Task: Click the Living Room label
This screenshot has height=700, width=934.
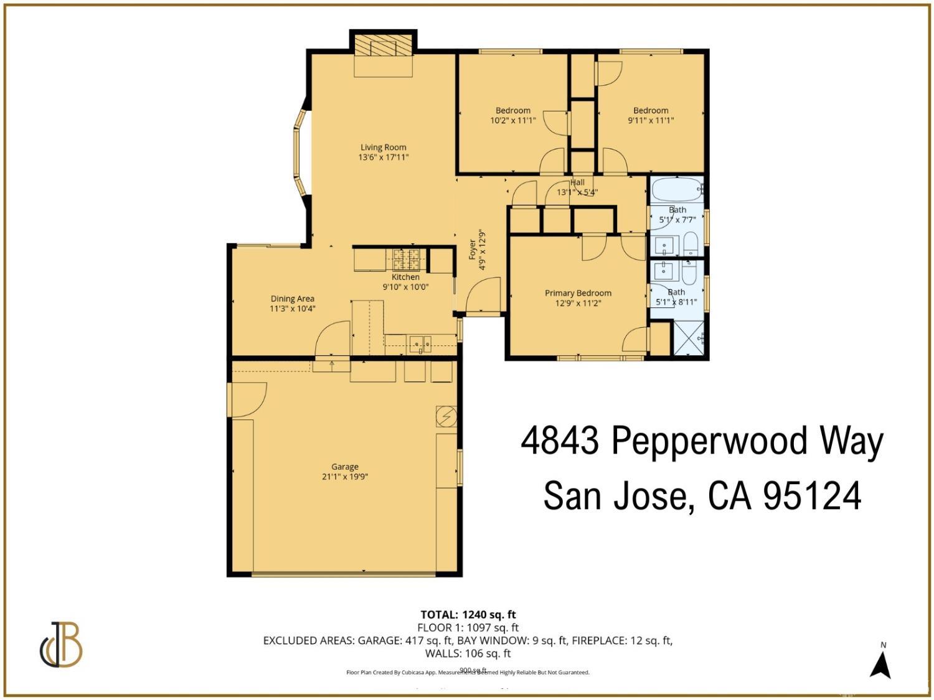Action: pyautogui.click(x=383, y=147)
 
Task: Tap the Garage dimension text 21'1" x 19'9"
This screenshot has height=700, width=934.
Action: pyautogui.click(x=344, y=477)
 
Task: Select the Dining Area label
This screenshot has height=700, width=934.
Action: pyautogui.click(x=292, y=299)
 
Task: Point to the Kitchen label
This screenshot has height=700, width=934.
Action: pyautogui.click(x=405, y=277)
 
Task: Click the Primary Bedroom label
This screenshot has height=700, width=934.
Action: pyautogui.click(x=578, y=293)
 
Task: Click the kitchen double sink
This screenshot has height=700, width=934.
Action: pyautogui.click(x=420, y=343)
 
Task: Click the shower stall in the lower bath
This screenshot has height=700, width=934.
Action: pyautogui.click(x=689, y=338)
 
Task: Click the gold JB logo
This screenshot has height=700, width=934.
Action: pyautogui.click(x=61, y=645)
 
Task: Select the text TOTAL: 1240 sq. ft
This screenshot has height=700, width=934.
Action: pyautogui.click(x=468, y=615)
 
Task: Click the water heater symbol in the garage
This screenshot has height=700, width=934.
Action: pyautogui.click(x=446, y=416)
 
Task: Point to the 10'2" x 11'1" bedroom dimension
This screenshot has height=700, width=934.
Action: pyautogui.click(x=513, y=121)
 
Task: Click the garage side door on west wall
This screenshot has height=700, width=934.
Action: pyautogui.click(x=247, y=400)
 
